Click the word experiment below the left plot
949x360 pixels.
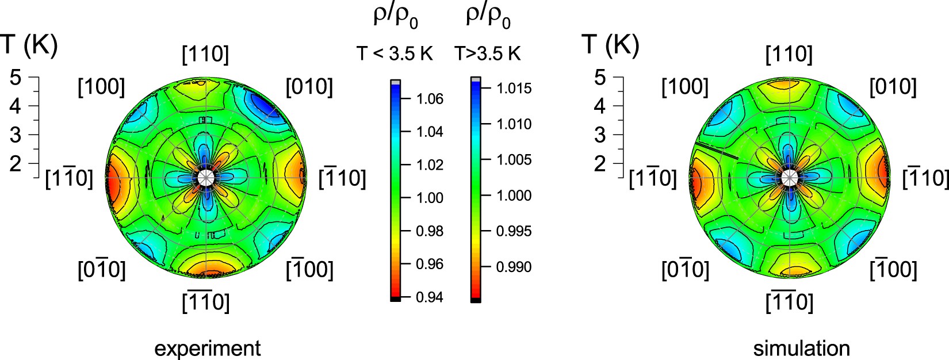click(207, 348)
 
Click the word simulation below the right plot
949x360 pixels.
click(801, 348)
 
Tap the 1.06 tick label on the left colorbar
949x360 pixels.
click(430, 99)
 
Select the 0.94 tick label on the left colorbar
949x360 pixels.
click(430, 297)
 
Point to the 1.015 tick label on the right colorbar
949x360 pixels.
click(514, 89)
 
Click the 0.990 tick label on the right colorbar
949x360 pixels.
click(514, 267)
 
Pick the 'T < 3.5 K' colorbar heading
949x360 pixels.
click(394, 54)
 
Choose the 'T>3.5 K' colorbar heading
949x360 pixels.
click(487, 54)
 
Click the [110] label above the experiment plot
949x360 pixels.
click(205, 55)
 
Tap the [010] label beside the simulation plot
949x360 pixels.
click(893, 87)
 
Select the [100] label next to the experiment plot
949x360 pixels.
click(101, 87)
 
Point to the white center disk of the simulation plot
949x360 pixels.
click(790, 178)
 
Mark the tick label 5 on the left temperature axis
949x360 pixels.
click(16, 76)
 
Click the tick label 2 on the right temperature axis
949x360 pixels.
click(600, 164)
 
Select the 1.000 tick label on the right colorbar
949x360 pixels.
click(514, 196)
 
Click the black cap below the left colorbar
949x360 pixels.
click(395, 299)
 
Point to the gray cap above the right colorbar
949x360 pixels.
click(475, 79)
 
